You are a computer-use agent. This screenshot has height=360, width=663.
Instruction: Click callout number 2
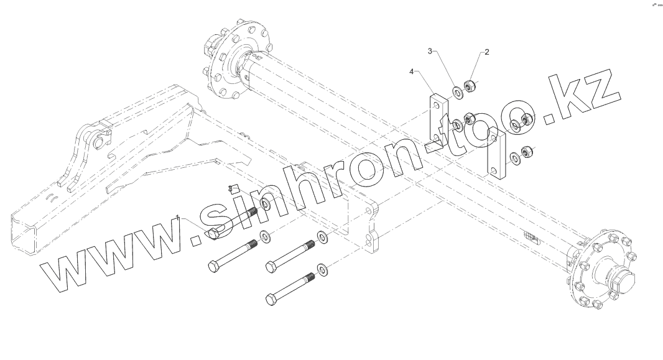[487, 52]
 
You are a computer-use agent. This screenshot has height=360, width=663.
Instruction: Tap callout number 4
[411, 72]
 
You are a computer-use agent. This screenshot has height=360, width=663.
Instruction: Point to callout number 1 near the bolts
[179, 218]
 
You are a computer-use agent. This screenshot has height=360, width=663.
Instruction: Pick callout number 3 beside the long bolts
[232, 187]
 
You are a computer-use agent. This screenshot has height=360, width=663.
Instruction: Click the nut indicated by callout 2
[471, 83]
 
